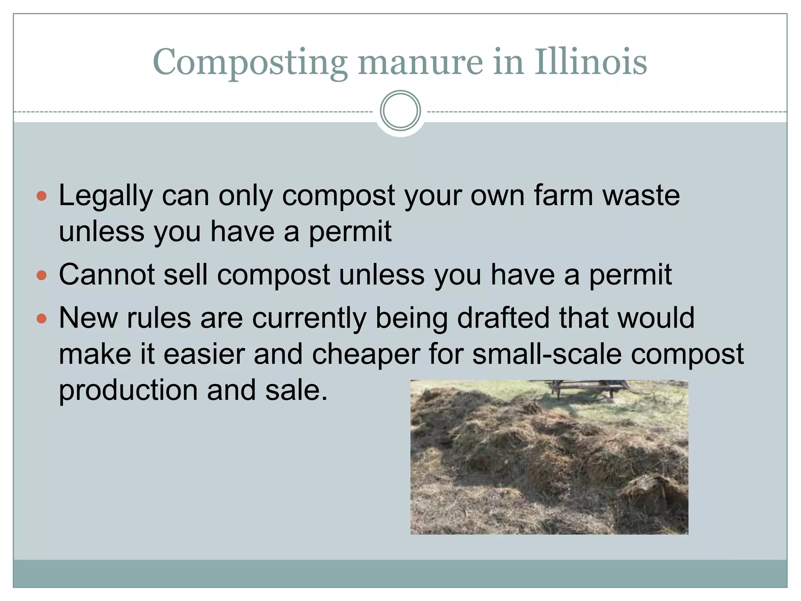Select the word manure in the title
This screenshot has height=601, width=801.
[420, 63]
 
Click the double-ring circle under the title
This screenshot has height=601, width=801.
[400, 111]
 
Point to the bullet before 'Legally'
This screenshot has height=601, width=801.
[41, 196]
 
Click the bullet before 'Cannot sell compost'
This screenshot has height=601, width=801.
[41, 275]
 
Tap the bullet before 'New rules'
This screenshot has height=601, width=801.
[41, 318]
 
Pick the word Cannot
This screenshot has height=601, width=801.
[107, 275]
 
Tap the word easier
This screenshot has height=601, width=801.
[204, 354]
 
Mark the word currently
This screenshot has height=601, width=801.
[309, 318]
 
